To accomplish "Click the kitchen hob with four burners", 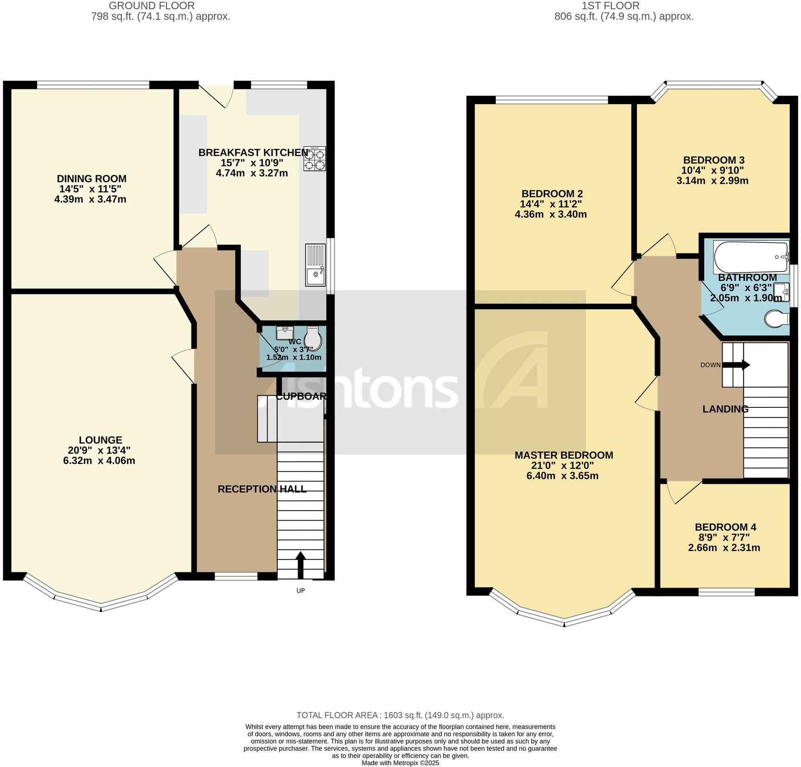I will [x=315, y=159].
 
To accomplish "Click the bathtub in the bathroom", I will [x=750, y=257].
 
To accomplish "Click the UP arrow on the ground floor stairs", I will [x=300, y=564].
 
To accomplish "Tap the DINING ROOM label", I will [x=91, y=179].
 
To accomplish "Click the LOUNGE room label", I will [x=100, y=440].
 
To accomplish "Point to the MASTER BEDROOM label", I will [x=564, y=455].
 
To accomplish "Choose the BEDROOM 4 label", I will [x=725, y=527].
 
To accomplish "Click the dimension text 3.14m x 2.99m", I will [x=712, y=181].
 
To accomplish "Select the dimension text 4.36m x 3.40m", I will [x=551, y=214].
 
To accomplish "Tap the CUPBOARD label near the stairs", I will [x=301, y=397].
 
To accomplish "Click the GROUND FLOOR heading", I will [x=152, y=6].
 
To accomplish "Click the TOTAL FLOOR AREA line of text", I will [x=400, y=715].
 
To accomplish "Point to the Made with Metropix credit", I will [x=400, y=763].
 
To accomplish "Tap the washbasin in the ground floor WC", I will [x=285, y=333].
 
